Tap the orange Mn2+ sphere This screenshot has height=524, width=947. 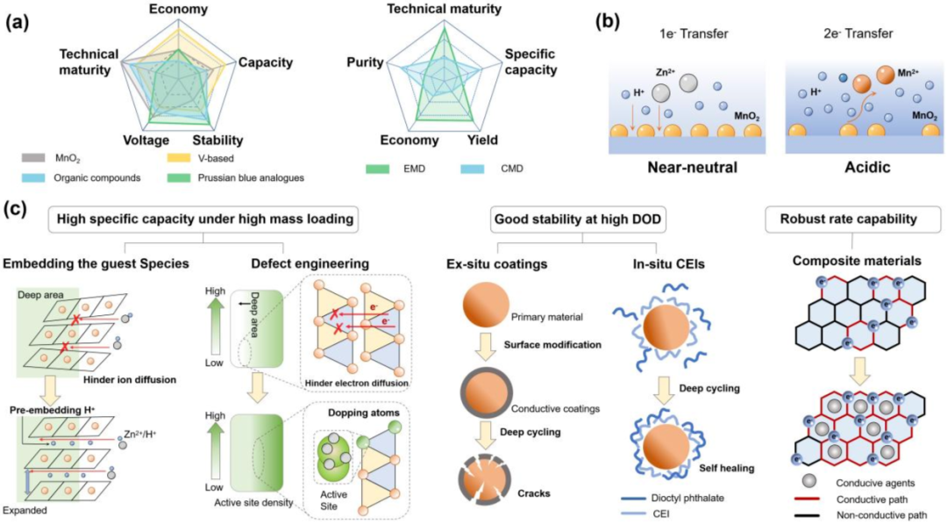point(860,81)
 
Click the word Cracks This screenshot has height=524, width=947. point(534,493)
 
